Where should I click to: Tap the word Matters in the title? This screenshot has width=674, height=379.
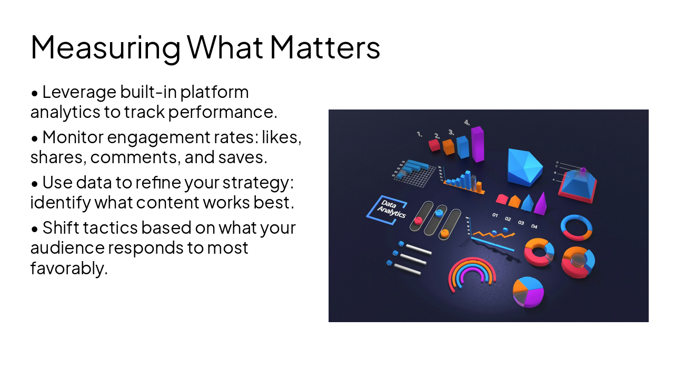[x=325, y=47]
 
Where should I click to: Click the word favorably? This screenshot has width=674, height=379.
[x=68, y=268]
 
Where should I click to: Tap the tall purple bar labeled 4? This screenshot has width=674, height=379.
[x=477, y=144]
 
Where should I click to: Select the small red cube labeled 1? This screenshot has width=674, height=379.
[x=434, y=145]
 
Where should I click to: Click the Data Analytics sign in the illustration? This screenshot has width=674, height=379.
[x=386, y=210]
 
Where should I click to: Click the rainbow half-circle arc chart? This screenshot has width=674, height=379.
[x=472, y=274]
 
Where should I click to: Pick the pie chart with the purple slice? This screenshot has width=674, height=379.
[x=528, y=291]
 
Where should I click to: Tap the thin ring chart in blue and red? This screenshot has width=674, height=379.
[x=577, y=227]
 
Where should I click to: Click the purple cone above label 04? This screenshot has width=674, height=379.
[x=540, y=204]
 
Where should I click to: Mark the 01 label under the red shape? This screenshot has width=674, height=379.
[x=495, y=215]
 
